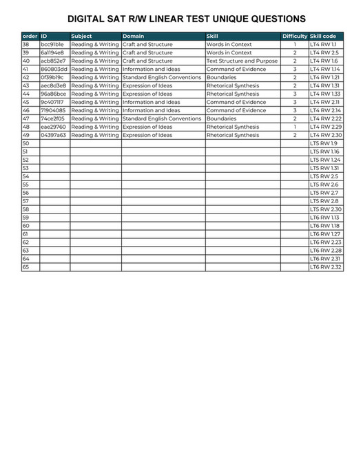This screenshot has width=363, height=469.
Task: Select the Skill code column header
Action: pos(324,36)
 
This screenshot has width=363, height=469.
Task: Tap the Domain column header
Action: pos(133,36)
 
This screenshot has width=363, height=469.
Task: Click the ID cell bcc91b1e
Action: pos(52,44)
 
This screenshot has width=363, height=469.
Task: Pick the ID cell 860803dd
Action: pos(54,69)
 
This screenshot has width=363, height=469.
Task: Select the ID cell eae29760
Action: pos(53,127)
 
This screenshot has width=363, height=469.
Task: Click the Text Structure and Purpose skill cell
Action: pos(242,61)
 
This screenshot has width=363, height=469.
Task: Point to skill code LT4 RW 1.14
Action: pos(325,69)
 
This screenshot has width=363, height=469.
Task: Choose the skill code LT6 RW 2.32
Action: pos(325,267)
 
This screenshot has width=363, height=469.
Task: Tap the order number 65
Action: pos(26,267)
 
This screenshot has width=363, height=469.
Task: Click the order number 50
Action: pos(26,143)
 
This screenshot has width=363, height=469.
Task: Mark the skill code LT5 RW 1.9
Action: pos(324,143)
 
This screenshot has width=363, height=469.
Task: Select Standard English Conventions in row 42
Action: pos(162,77)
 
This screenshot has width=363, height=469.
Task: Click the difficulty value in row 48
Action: pos(294,127)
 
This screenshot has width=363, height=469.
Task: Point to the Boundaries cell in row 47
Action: pos(221,118)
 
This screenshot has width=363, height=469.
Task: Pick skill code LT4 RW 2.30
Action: pos(325,135)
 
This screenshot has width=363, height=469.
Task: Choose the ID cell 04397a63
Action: pos(53,135)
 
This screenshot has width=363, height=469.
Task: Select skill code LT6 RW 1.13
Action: pos(324,217)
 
